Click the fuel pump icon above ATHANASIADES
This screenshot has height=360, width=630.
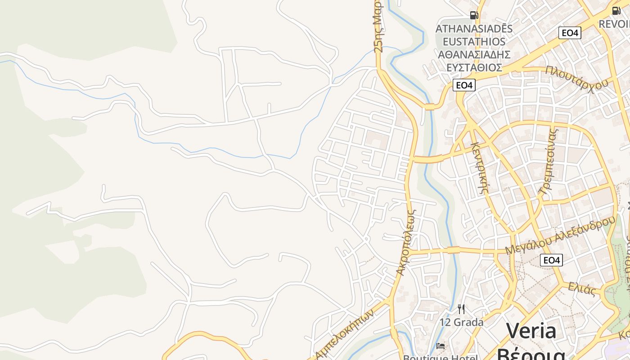[x=474, y=15]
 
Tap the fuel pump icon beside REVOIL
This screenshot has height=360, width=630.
[x=616, y=10]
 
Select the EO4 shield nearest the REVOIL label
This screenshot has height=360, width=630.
[x=570, y=32]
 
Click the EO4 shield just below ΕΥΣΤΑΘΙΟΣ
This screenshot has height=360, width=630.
[x=464, y=85]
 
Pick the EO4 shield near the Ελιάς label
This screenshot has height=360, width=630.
[x=551, y=260]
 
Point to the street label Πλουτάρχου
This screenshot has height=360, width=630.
[x=577, y=78]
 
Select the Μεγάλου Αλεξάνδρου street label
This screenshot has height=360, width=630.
[x=560, y=235]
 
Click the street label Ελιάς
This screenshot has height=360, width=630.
[x=582, y=288]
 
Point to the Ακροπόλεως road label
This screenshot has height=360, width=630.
[x=406, y=242]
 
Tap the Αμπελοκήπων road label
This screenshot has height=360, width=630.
[x=345, y=334]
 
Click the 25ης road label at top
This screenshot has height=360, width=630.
[x=378, y=26]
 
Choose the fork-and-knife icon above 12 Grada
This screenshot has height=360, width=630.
[x=461, y=309]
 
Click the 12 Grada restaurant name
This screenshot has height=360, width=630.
[x=462, y=322]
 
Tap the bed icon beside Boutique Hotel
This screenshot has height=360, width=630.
[x=441, y=346]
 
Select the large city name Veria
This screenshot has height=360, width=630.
[x=531, y=331]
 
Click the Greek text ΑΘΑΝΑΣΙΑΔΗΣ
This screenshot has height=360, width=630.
[x=474, y=54]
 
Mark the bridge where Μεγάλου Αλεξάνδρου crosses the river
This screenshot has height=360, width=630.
[x=453, y=250]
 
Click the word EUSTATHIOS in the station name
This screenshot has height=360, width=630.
[x=474, y=41]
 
